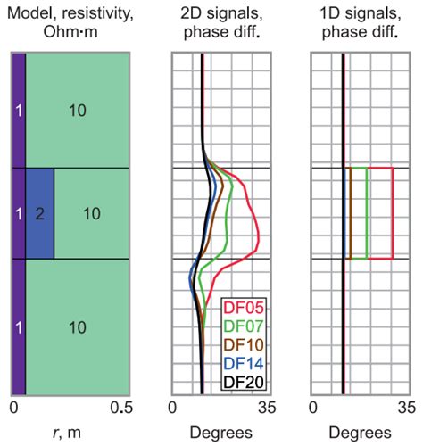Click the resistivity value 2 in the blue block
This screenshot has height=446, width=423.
pyautogui.click(x=39, y=213)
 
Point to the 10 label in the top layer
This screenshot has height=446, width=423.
pyautogui.click(x=77, y=109)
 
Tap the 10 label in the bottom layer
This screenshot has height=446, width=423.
pyautogui.click(x=77, y=326)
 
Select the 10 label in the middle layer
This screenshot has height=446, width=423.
pyautogui.click(x=91, y=213)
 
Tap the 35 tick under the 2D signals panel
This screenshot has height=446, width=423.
pyautogui.click(x=262, y=409)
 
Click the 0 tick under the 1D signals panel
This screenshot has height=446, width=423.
pyautogui.click(x=313, y=409)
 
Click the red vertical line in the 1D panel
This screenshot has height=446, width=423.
pyautogui.click(x=394, y=213)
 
